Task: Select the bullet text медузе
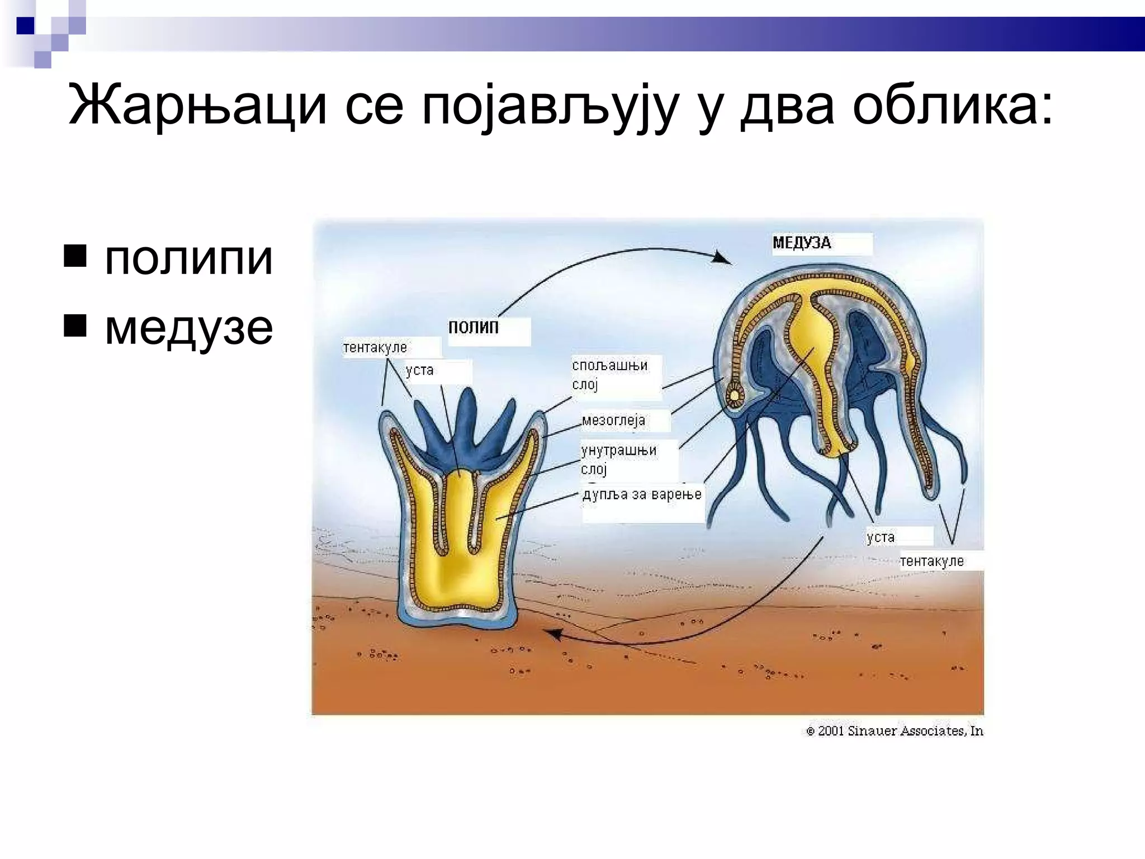point(188,328)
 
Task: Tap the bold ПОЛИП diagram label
point(473,327)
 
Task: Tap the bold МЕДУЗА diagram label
point(802,243)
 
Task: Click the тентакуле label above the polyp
point(375,347)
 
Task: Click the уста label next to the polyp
point(419,370)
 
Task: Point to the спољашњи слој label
point(609,375)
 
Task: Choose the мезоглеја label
point(613,420)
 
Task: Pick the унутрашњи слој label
point(618,459)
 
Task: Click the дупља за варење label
point(642,494)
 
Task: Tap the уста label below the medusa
point(881,537)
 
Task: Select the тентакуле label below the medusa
point(931,561)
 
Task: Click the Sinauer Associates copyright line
point(895,731)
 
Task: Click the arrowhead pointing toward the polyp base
point(553,634)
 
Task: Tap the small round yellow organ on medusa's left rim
point(734,395)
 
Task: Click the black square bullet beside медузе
point(75,325)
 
